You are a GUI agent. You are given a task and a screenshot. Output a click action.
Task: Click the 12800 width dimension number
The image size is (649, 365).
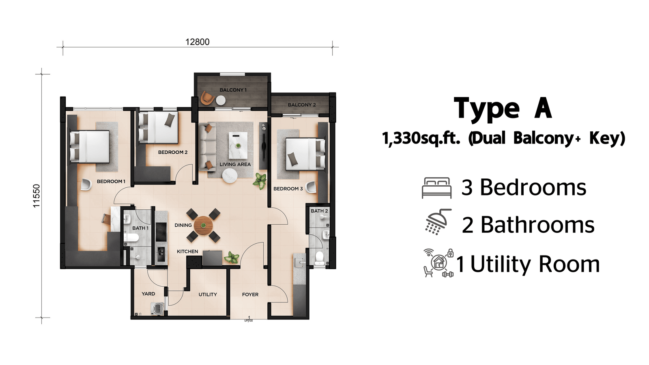[197, 42]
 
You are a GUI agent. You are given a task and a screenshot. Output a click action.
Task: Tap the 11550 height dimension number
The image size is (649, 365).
[37, 196]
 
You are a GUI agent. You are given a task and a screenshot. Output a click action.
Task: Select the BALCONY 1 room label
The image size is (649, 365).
[233, 90]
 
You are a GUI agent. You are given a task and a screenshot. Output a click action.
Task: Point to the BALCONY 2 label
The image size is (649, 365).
[302, 105]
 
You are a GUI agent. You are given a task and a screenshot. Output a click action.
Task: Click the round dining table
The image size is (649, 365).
[203, 225]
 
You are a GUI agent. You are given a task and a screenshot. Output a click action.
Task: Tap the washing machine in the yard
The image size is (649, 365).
[158, 308]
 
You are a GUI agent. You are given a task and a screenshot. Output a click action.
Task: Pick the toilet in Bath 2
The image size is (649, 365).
[319, 258]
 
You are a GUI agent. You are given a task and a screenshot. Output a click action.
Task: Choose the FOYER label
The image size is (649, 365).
[250, 294]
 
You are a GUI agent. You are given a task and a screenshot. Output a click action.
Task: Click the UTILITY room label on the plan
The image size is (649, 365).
[207, 294]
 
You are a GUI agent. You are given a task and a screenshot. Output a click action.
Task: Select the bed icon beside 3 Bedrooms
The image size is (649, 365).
[436, 188]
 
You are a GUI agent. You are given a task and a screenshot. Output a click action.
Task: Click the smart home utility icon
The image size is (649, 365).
[438, 263]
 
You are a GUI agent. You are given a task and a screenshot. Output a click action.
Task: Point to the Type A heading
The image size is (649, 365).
[503, 109]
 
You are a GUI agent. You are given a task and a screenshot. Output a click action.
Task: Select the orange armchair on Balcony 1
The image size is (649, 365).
[207, 98]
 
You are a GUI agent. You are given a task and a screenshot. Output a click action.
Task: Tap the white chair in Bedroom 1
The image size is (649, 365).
[86, 185]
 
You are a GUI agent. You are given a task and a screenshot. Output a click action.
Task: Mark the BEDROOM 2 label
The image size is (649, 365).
[173, 152]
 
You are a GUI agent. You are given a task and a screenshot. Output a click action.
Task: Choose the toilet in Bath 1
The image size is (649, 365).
[131, 238]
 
